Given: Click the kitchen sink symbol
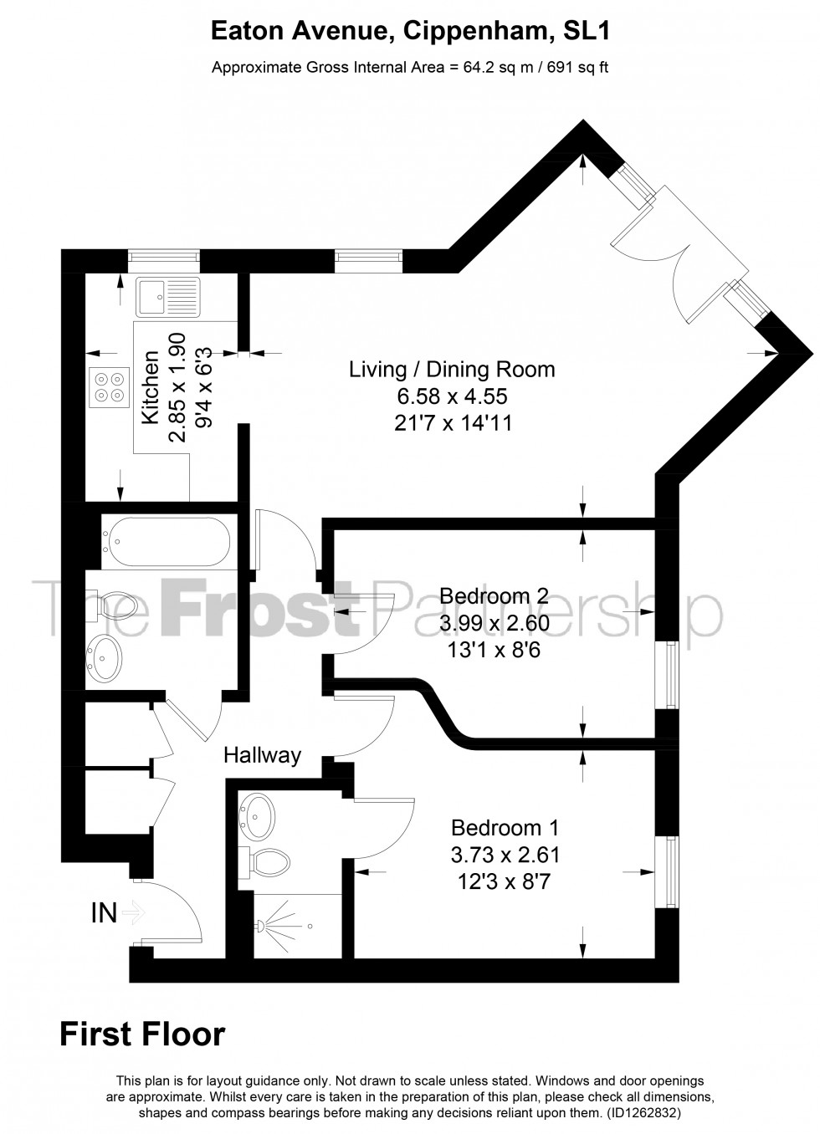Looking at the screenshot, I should pyautogui.click(x=168, y=297).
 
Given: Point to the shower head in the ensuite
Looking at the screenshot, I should pyautogui.click(x=263, y=926).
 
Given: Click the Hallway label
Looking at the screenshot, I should pyautogui.click(x=262, y=755).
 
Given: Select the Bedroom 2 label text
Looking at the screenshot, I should pyautogui.click(x=494, y=596).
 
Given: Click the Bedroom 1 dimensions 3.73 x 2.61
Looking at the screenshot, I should pyautogui.click(x=505, y=855).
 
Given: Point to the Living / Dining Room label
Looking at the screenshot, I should pyautogui.click(x=452, y=370).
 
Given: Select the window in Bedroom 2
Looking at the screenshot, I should pyautogui.click(x=670, y=674).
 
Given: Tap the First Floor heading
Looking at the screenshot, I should pyautogui.click(x=142, y=1034).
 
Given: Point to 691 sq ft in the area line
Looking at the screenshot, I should pyautogui.click(x=577, y=68).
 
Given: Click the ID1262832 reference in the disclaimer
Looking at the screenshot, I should pyautogui.click(x=643, y=1114).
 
